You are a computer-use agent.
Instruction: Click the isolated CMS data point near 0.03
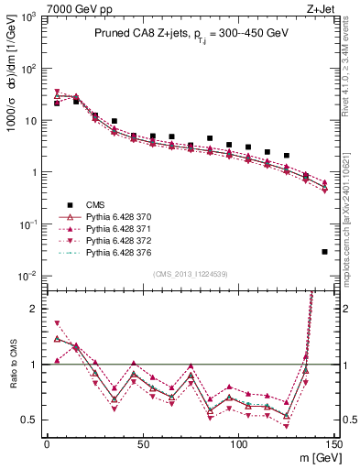tap(325, 251)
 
